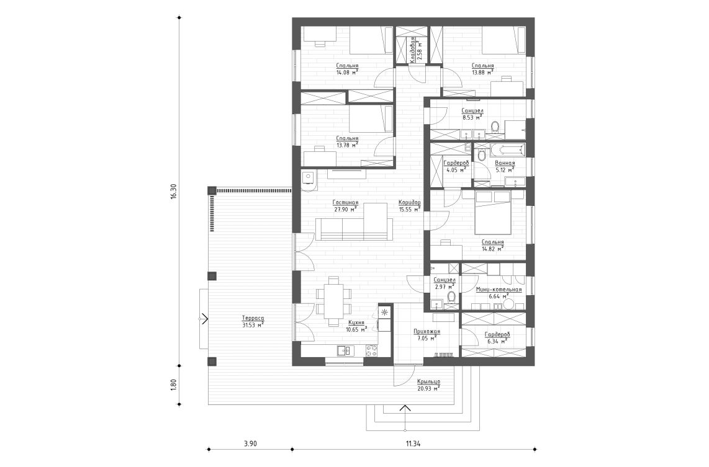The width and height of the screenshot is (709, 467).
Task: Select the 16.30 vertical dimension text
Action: click(x=174, y=191)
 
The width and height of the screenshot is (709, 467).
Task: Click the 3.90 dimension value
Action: click(x=250, y=443)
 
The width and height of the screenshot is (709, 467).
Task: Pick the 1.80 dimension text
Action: click(x=174, y=385)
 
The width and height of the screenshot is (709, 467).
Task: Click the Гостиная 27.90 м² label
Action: click(x=346, y=206)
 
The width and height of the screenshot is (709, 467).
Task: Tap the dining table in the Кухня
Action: click(x=334, y=300)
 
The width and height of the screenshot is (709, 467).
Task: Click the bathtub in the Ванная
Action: click(x=507, y=150)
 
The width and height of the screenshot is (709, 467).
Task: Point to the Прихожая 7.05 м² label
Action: click(x=427, y=335)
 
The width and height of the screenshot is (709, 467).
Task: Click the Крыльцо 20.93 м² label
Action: click(x=428, y=385)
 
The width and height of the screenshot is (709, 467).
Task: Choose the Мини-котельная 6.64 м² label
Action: click(x=499, y=293)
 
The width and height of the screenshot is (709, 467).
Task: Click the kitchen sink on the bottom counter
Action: click(x=343, y=350)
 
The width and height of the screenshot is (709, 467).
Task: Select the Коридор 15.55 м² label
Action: click(x=410, y=206)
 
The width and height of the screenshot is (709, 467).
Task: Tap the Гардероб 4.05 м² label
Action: click(x=456, y=166)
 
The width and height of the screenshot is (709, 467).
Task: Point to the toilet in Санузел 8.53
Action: click(x=495, y=128)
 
